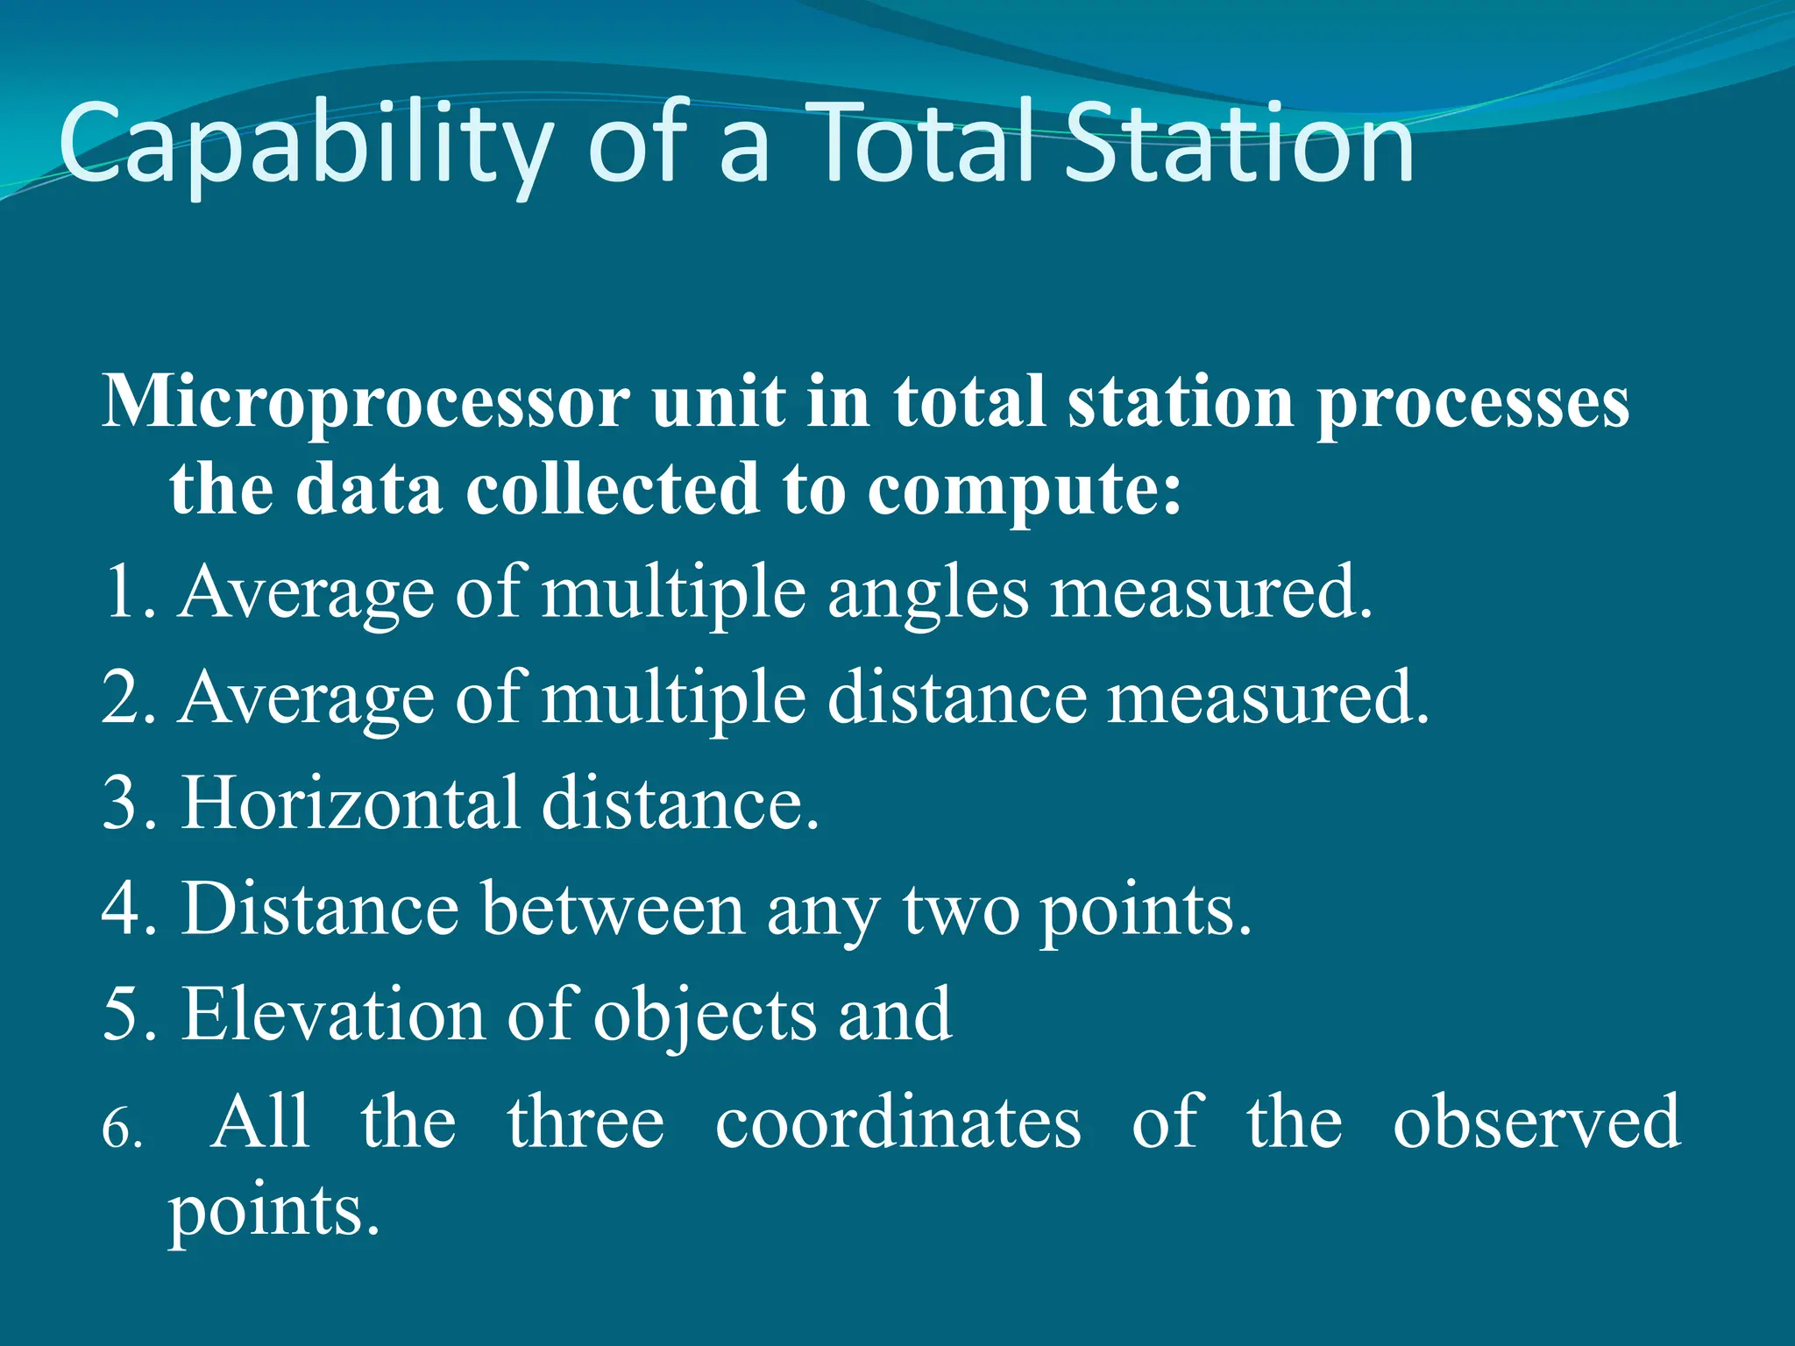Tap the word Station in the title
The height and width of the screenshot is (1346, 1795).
click(1238, 145)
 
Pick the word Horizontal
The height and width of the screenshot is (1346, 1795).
click(350, 803)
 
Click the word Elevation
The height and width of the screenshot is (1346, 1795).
click(332, 1014)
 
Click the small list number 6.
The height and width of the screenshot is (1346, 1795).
click(121, 1129)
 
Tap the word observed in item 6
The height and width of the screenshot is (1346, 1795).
click(1536, 1122)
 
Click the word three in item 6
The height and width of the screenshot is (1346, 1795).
click(585, 1122)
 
